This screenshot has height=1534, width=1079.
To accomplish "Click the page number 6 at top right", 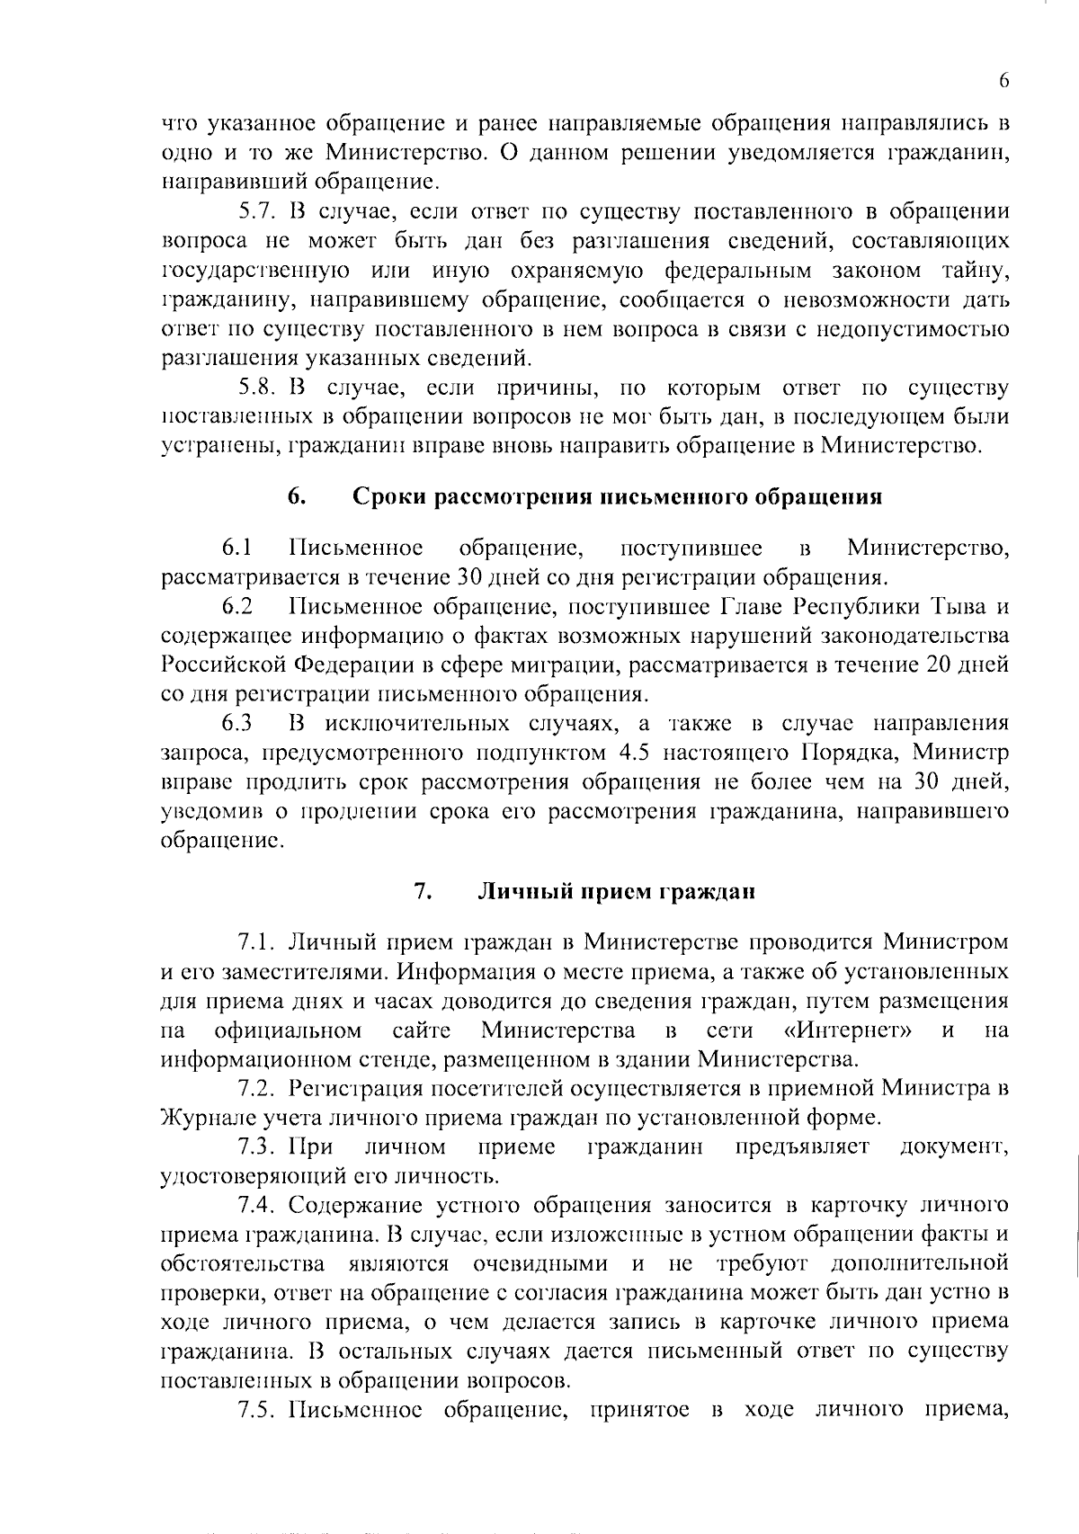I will click(1003, 81).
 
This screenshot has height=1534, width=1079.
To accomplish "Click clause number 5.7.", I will click(259, 213).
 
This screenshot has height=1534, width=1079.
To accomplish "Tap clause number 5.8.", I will click(259, 388).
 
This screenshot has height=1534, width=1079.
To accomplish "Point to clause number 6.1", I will click(237, 548).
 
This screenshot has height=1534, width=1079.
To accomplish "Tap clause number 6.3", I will click(237, 724).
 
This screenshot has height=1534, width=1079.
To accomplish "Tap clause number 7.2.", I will click(259, 1089).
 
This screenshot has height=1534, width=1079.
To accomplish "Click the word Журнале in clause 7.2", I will click(201, 1118).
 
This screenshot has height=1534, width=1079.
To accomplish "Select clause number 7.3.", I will click(259, 1147).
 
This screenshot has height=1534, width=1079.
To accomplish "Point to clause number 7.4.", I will click(259, 1206).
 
